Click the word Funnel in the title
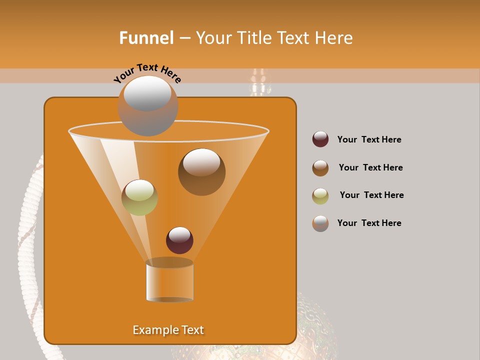[x=146, y=38]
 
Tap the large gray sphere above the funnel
[x=147, y=106]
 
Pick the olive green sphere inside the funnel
[x=139, y=197]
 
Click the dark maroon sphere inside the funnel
[x=179, y=240]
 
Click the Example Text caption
[x=168, y=330]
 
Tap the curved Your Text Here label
[x=147, y=73]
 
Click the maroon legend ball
[x=320, y=139]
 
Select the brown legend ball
[x=320, y=168]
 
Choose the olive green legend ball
[x=320, y=196]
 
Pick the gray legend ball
[x=320, y=223]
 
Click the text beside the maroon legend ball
[x=369, y=140]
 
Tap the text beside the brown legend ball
[x=370, y=168]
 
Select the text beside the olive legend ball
[x=371, y=195]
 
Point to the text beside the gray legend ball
[x=369, y=223]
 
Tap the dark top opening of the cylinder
[x=169, y=263]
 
